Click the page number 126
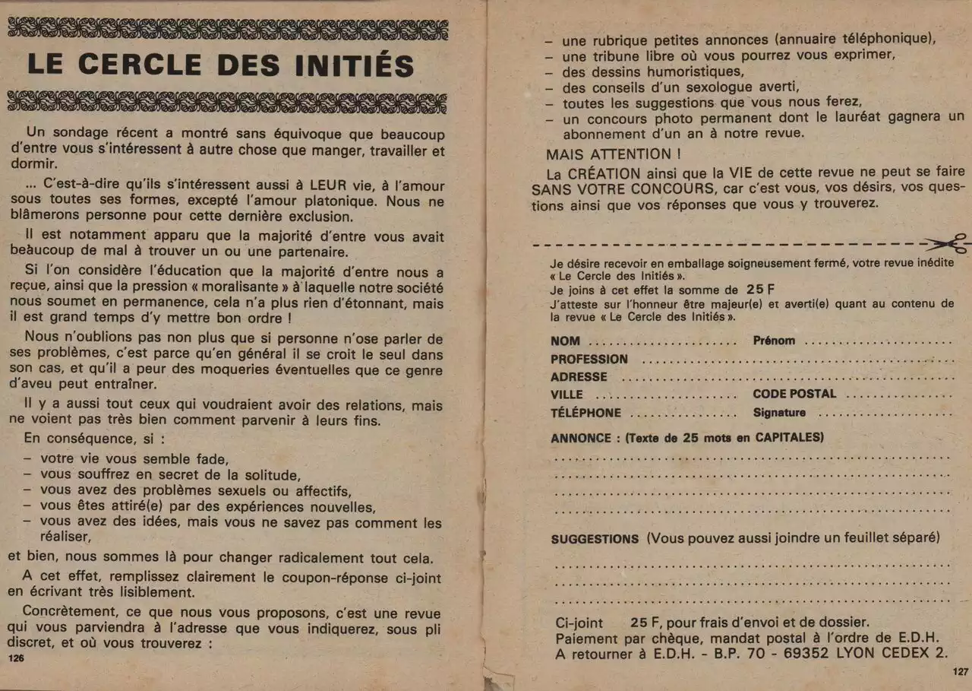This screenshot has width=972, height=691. point(16,659)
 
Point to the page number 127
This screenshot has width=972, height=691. point(960,672)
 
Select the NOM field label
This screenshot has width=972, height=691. point(565,341)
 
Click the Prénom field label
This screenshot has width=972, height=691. point(774,341)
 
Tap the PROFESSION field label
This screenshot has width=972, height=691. point(589,359)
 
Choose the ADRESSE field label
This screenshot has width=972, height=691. point(579,377)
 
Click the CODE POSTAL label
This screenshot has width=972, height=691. point(794,394)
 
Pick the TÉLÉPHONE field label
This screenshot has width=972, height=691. point(585,413)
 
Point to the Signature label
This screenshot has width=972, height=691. point(779,413)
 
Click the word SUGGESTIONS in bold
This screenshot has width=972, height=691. point(595,539)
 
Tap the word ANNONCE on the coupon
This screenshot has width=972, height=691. point(581,438)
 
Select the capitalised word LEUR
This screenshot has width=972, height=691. point(329,185)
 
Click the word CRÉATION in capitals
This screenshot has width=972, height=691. point(606,173)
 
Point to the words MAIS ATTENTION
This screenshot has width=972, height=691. point(608,154)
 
